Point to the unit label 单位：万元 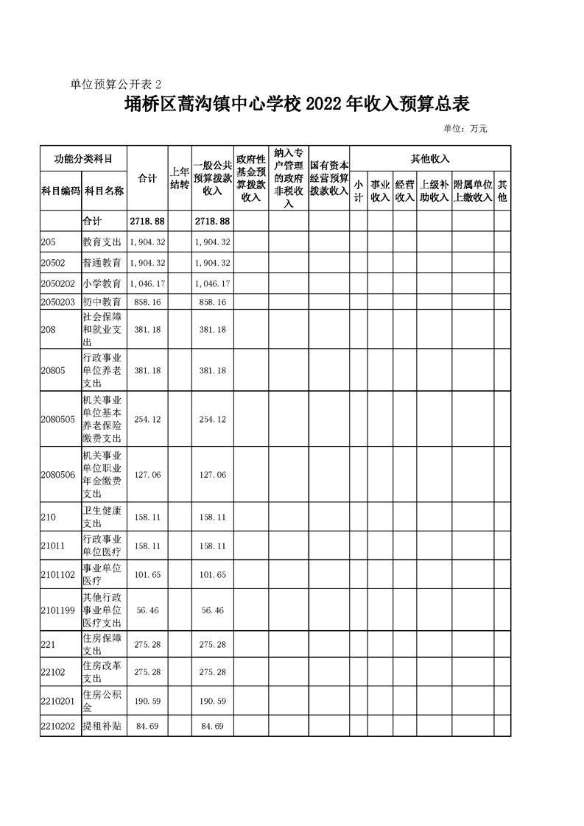pos(465,129)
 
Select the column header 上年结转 pos(180,178)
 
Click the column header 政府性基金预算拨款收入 pos(251,178)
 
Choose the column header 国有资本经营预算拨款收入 pos(328,178)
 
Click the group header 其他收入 pos(429,158)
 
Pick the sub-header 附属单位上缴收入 pos(472,191)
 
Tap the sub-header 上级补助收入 pos(434,191)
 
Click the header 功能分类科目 pos(83,158)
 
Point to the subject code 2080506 pos(59,474)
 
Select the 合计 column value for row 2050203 pos(147,302)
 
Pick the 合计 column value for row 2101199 pos(147,610)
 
